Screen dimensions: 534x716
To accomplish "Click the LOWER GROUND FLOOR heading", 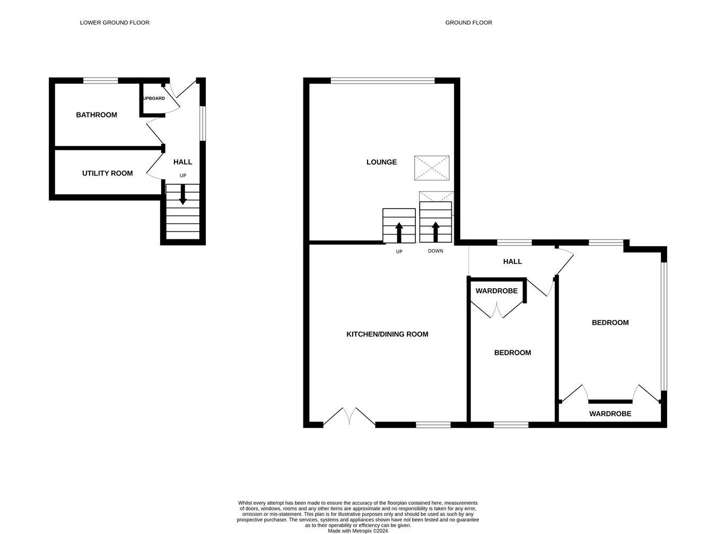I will coord(115,23).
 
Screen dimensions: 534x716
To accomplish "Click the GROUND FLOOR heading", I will coord(468,23).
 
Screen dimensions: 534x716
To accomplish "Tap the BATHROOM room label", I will coord(97,115).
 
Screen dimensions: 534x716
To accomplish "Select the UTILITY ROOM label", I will coord(107,174).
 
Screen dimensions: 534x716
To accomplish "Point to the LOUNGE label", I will coord(381,162).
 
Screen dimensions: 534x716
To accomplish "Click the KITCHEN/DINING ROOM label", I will coord(387,334).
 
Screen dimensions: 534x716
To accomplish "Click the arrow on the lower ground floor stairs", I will coord(182,195).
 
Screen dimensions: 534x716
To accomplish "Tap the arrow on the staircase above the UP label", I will coord(399,232).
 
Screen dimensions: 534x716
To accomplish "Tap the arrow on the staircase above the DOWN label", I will coord(435,231).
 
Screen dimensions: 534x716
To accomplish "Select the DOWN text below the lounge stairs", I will coord(435,251).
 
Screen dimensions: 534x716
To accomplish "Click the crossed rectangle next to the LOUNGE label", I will coord(432,168).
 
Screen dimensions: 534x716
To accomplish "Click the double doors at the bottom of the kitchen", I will coord(349,417).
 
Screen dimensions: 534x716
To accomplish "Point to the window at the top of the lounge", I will coord(382,81).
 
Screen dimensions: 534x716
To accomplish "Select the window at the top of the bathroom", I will coord(100,81).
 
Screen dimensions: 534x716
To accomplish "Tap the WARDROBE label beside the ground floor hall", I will coord(496,291).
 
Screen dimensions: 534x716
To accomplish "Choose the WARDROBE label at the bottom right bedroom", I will coord(610,414).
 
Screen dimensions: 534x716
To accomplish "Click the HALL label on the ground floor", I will coord(512,262).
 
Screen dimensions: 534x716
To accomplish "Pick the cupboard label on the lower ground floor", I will coord(154,99).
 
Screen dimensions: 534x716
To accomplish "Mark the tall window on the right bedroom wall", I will coord(663,326).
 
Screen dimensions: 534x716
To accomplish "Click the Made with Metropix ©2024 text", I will coord(358,531).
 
